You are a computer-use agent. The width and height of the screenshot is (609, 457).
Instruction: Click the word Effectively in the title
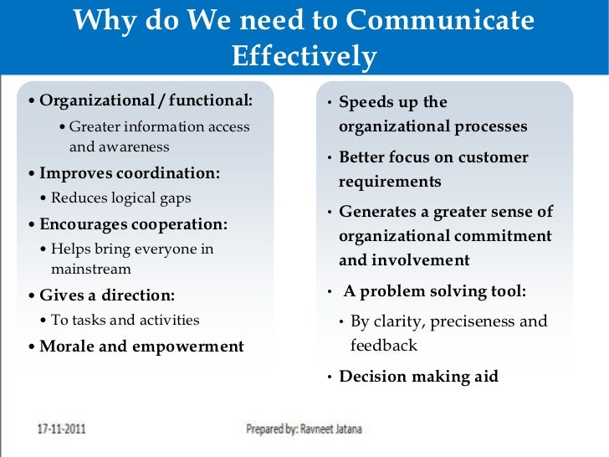304,56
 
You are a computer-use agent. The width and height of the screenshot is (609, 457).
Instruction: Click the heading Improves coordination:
130,173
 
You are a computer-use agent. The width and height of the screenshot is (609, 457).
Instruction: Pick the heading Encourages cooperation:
134,224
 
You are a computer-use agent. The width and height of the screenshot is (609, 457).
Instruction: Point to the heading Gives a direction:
107,295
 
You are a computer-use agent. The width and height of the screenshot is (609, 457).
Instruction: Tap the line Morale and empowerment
141,347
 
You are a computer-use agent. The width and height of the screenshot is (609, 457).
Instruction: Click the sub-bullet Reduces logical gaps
120,198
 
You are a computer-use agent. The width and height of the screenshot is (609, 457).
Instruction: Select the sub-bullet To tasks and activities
125,320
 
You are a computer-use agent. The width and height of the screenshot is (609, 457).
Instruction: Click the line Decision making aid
418,377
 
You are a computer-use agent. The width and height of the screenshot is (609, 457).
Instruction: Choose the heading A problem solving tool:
434,292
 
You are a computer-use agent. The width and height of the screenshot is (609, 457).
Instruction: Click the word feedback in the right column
383,345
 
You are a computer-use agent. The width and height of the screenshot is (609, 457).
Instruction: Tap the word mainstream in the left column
91,270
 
